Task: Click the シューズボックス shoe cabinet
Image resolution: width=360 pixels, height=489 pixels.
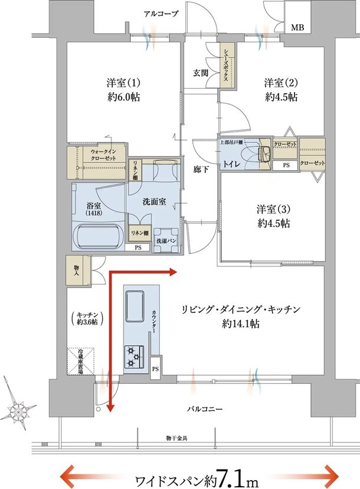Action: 227,66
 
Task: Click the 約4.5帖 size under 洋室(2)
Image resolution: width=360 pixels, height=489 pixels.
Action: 281,96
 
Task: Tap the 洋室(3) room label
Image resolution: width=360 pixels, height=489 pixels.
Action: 273,209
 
